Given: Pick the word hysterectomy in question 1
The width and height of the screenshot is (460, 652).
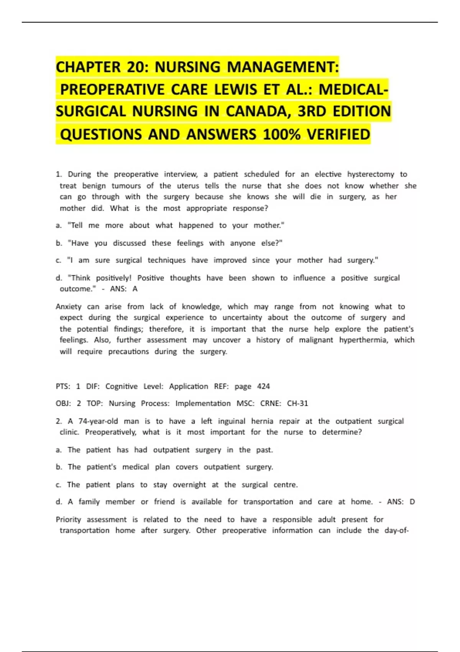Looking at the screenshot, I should [370, 174].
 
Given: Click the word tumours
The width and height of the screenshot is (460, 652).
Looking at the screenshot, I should [126, 186].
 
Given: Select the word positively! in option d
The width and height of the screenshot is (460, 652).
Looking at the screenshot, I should [113, 278].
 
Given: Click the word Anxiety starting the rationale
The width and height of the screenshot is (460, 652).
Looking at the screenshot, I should [69, 306].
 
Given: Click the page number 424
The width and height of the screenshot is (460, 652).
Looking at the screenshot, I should [263, 386].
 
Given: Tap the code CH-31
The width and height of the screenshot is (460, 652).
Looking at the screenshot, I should [297, 403].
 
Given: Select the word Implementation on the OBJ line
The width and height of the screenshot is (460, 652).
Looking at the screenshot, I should [203, 403].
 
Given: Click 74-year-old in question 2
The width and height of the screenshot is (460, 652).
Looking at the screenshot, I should [98, 421].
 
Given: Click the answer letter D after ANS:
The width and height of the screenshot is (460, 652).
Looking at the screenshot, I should [412, 502].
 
